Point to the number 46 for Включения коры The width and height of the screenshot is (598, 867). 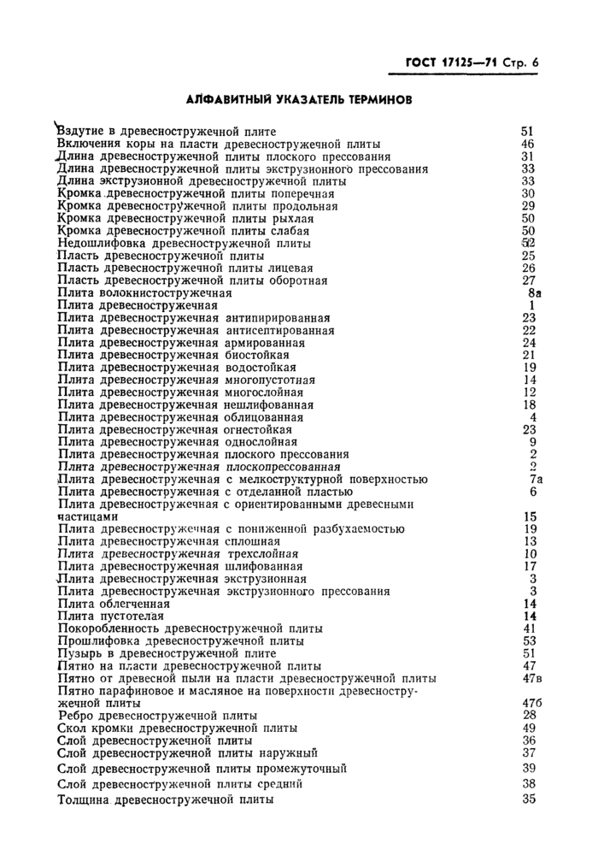[527, 144]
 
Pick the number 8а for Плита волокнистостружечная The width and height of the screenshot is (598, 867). [535, 292]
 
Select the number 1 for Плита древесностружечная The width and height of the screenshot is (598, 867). [531, 305]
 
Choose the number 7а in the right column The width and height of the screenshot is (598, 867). [535, 479]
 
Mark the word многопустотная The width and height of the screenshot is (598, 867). [270, 380]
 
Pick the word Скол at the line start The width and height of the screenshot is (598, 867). [72, 728]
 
